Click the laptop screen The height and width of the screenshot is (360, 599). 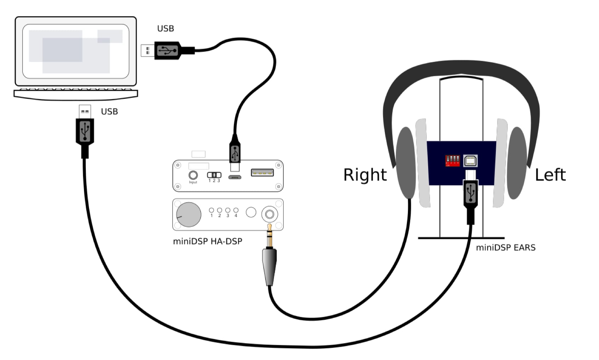click(75, 51)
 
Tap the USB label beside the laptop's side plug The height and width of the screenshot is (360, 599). click(166, 28)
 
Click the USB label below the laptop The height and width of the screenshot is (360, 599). click(109, 112)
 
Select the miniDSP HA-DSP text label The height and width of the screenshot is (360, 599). click(207, 241)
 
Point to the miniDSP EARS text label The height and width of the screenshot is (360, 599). click(505, 248)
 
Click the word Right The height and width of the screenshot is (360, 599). click(365, 175)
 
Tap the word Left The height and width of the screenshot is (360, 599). click(550, 175)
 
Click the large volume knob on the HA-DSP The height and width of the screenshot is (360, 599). click(189, 214)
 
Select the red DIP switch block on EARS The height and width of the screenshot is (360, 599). click(452, 160)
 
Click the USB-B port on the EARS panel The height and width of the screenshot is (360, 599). click(470, 161)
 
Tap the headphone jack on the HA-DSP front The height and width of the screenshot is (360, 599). click(270, 214)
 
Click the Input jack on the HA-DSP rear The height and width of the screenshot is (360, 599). click(193, 175)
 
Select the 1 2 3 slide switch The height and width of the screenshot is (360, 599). click(214, 175)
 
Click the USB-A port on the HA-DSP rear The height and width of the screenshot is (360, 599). click(262, 173)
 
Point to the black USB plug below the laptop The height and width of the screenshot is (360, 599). click(85, 131)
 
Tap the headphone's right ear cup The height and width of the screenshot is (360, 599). click(405, 163)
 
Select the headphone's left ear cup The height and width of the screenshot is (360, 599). click(517, 163)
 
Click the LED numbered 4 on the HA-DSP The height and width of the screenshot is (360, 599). click(236, 210)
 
